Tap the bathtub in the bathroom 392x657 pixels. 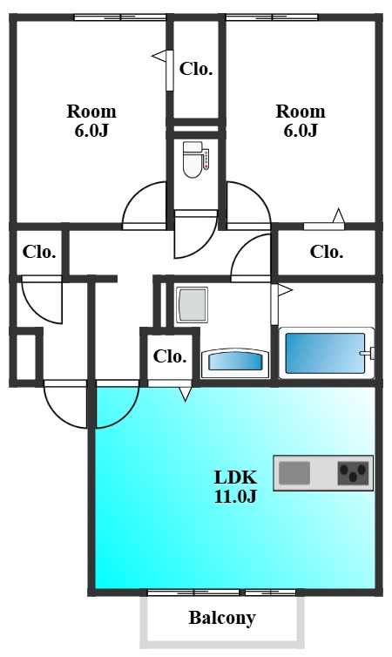point(325,353)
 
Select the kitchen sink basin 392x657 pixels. point(294,472)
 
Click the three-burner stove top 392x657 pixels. point(354,472)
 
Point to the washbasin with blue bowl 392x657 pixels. point(235,362)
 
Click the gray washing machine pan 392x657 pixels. point(192,305)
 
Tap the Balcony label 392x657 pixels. point(222,618)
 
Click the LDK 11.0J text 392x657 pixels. point(235,486)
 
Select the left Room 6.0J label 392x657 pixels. point(91,120)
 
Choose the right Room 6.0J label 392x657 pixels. point(301,120)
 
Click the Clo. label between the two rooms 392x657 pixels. point(196,69)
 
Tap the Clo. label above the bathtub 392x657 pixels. point(327,252)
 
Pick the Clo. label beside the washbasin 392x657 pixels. point(170,356)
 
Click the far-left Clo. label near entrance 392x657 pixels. point(39,252)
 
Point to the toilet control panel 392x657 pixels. point(206,159)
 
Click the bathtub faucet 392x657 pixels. point(368,353)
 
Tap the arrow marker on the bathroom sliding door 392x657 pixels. point(285,290)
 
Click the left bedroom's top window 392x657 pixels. point(120,17)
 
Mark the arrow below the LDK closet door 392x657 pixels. point(185,394)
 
